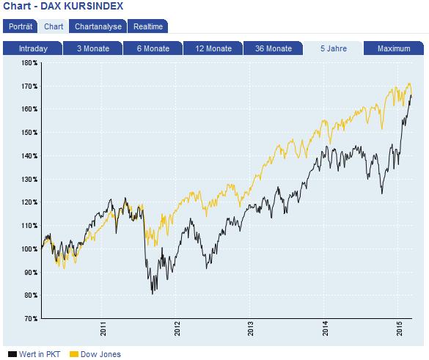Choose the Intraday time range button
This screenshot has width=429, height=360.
point(33,49)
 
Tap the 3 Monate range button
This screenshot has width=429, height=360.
point(92,49)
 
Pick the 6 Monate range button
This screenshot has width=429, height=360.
point(153,49)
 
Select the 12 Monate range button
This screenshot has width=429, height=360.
point(213,49)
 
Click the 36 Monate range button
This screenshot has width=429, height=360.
point(274,49)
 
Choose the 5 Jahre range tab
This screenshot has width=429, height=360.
point(334,49)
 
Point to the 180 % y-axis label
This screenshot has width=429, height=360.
point(29,63)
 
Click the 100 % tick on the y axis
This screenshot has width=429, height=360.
point(29,249)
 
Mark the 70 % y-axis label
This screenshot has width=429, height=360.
point(31,319)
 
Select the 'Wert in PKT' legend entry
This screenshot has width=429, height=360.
point(37,354)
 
